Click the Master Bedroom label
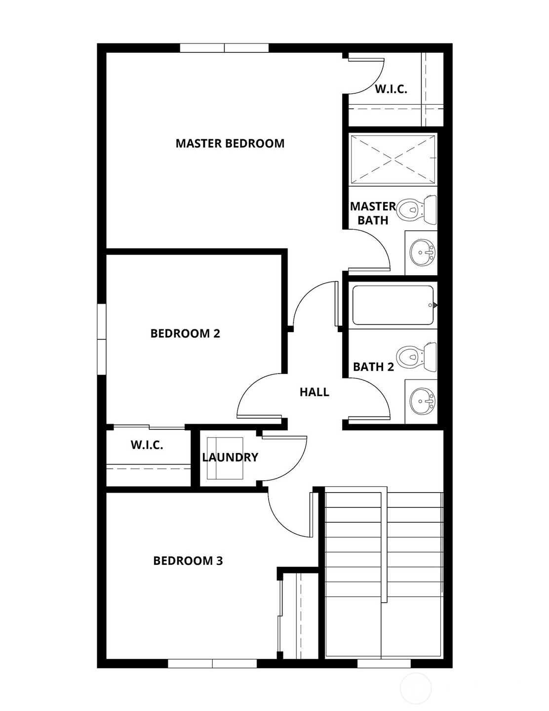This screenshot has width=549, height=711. pyautogui.click(x=230, y=143)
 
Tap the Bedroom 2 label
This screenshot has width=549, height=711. pyautogui.click(x=185, y=334)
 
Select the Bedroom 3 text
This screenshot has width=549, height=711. pyautogui.click(x=188, y=561)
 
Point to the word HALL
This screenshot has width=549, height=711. pyautogui.click(x=314, y=392)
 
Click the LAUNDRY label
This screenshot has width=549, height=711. pyautogui.click(x=230, y=458)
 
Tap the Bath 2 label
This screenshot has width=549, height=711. pyautogui.click(x=373, y=367)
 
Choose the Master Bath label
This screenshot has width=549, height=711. pyautogui.click(x=373, y=213)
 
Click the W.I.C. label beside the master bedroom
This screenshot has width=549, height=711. pyautogui.click(x=391, y=89)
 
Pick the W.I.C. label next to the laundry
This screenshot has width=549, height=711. pyautogui.click(x=147, y=445)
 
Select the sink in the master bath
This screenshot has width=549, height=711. pyautogui.click(x=421, y=252)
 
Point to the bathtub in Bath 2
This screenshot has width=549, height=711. pyautogui.click(x=393, y=305)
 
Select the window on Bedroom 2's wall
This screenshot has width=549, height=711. pyautogui.click(x=102, y=339)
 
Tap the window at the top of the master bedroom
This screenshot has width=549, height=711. pyautogui.click(x=224, y=48)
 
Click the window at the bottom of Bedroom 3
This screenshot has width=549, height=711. pyautogui.click(x=212, y=663)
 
